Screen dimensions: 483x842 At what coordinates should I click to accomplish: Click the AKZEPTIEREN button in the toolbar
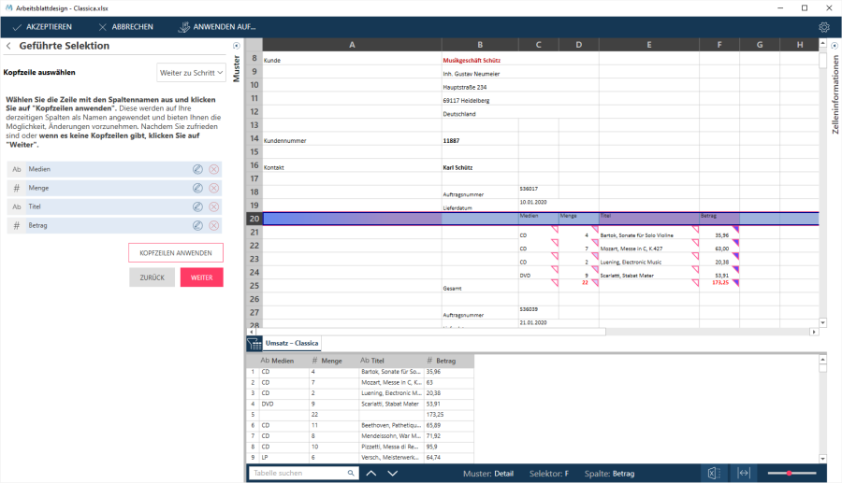pyautogui.click(x=42, y=27)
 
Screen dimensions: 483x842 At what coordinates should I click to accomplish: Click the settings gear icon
pyautogui.click(x=824, y=27)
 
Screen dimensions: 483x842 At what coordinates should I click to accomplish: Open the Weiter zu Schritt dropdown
pyautogui.click(x=192, y=72)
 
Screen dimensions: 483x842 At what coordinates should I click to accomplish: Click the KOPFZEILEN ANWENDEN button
pyautogui.click(x=176, y=253)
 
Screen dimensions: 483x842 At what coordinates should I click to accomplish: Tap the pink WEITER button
pyautogui.click(x=201, y=277)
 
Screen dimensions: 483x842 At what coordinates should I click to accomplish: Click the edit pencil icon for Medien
pyautogui.click(x=197, y=169)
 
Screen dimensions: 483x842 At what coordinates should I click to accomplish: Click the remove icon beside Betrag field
pyautogui.click(x=214, y=225)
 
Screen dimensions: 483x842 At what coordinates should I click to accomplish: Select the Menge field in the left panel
pyautogui.click(x=94, y=188)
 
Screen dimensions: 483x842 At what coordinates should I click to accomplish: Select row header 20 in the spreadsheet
pyautogui.click(x=253, y=219)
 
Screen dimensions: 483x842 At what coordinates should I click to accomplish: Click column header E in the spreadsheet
pyautogui.click(x=648, y=44)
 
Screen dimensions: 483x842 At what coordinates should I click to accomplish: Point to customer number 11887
pyautogui.click(x=451, y=140)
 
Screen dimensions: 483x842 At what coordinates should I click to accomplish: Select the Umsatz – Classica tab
pyautogui.click(x=291, y=343)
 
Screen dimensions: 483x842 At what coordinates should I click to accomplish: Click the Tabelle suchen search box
pyautogui.click(x=299, y=474)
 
